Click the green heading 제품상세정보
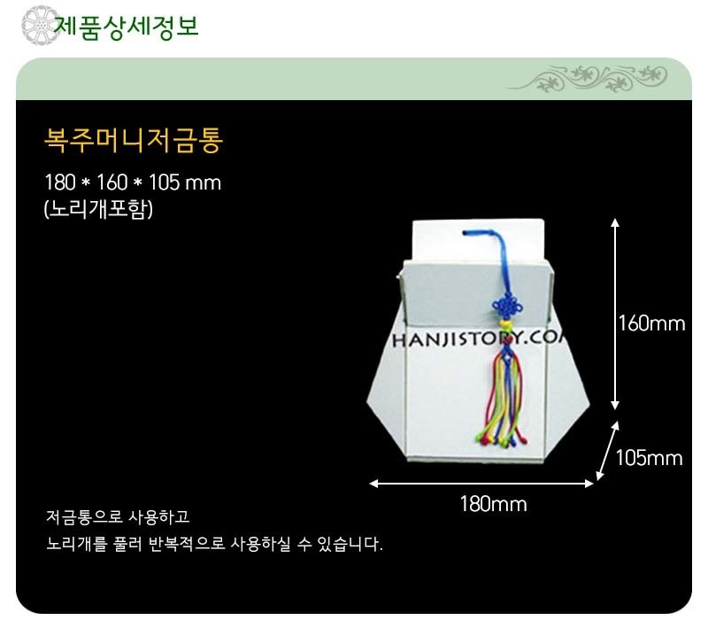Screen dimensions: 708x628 [127, 27]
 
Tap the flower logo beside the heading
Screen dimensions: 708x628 [40, 26]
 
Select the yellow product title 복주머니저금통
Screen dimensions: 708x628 [134, 140]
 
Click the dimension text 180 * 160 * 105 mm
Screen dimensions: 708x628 [133, 182]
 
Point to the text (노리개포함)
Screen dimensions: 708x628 [99, 209]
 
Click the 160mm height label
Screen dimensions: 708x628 [651, 323]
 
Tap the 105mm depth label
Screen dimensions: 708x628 [650, 458]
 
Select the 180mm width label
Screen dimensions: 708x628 [493, 503]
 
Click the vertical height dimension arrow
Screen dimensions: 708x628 [614, 314]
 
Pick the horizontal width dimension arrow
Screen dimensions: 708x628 [481, 484]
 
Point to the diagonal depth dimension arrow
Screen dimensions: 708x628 [608, 451]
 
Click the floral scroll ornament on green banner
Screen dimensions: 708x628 [587, 78]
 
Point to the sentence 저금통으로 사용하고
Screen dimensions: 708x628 [118, 516]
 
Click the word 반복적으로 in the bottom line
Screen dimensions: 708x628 [187, 544]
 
